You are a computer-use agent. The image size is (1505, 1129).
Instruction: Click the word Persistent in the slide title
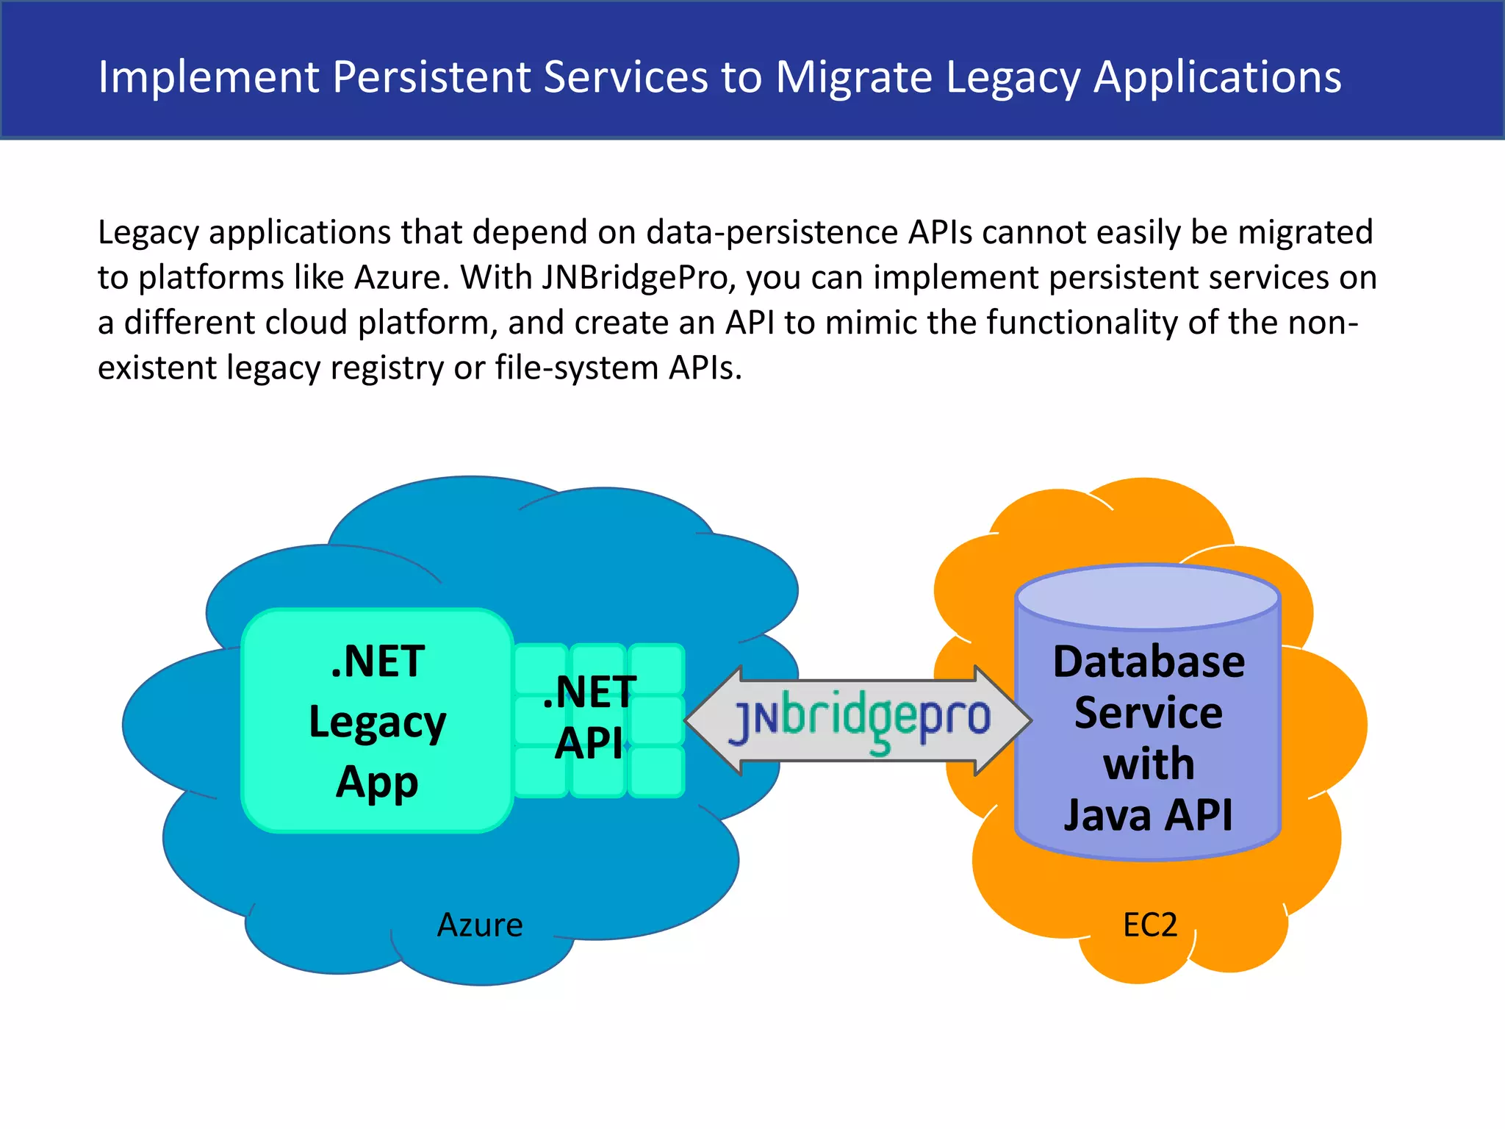point(431,76)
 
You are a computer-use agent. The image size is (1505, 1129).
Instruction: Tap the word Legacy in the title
point(1013,78)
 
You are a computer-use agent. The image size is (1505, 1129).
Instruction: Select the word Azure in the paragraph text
point(401,278)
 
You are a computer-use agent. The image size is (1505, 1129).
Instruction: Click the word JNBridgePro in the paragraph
point(639,278)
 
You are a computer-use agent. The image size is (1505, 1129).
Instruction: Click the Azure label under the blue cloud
point(480,925)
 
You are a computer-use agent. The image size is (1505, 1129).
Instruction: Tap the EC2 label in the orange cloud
point(1150,925)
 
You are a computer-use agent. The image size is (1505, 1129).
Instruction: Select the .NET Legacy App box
point(377,720)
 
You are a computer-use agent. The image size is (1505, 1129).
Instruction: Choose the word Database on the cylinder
point(1149,662)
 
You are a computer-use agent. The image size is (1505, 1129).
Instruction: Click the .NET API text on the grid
point(590,717)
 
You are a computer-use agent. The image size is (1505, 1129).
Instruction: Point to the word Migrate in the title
point(854,76)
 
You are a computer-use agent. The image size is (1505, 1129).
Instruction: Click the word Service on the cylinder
point(1149,713)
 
